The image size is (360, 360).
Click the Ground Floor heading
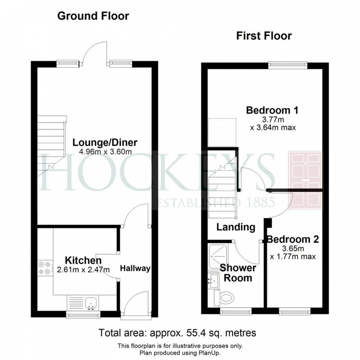click(93, 16)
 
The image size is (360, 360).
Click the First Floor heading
click(264, 36)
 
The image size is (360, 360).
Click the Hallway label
click(135, 269)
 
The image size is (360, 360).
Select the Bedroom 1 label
click(272, 110)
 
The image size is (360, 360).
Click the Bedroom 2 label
click(293, 240)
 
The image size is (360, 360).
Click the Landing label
click(235, 227)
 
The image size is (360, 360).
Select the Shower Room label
click(238, 273)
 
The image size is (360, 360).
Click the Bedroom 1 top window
click(288, 65)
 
